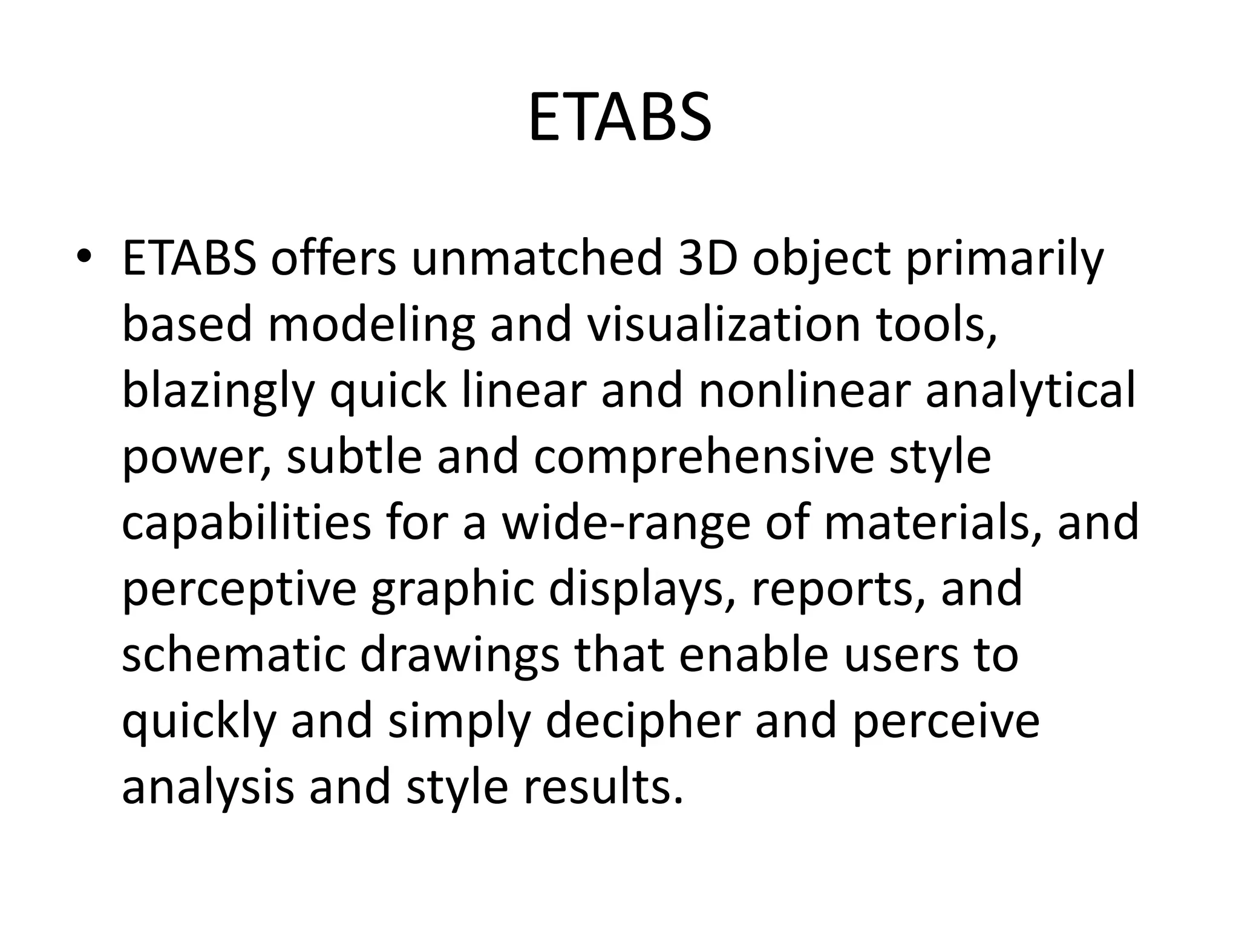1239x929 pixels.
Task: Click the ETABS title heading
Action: click(619, 118)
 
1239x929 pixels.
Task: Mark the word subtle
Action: click(354, 457)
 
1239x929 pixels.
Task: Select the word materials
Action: click(926, 523)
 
